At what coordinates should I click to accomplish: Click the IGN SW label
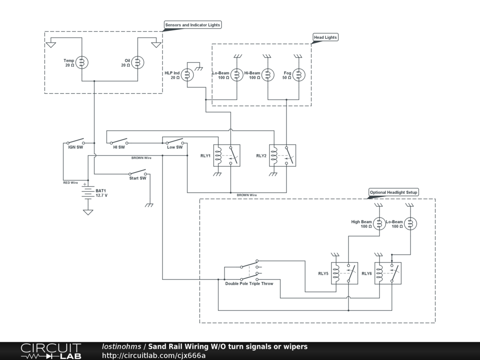pyautogui.click(x=75, y=147)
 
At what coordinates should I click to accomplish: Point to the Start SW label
pyautogui.click(x=138, y=178)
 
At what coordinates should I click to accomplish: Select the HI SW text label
pyautogui.click(x=119, y=147)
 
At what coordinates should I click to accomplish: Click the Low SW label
pyautogui.click(x=175, y=147)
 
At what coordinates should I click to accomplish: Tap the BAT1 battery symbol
pyautogui.click(x=88, y=193)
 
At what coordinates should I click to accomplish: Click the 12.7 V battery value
pyautogui.click(x=102, y=195)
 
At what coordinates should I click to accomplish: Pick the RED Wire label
pyautogui.click(x=70, y=183)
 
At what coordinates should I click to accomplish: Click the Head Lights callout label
pyautogui.click(x=325, y=37)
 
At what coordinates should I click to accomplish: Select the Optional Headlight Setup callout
pyautogui.click(x=394, y=192)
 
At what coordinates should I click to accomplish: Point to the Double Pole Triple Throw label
pyautogui.click(x=249, y=284)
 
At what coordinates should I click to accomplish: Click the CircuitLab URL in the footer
pyautogui.click(x=154, y=355)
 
